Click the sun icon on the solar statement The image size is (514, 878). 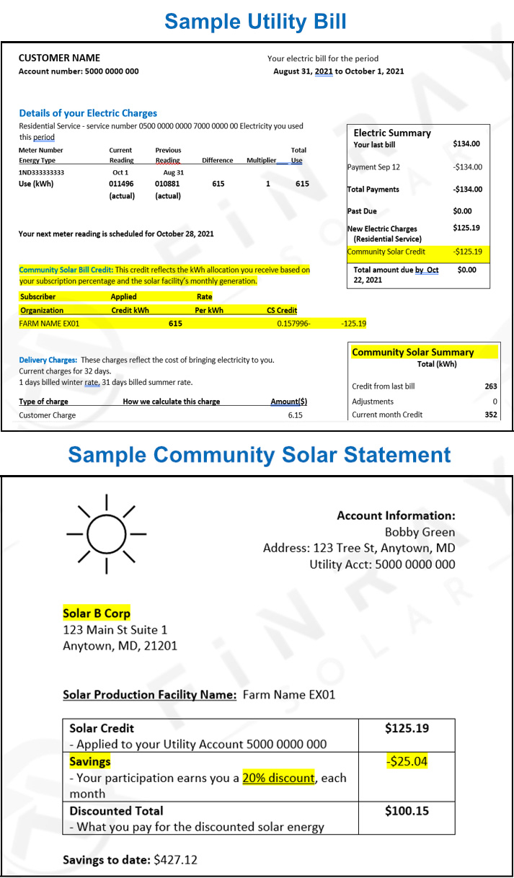[107, 534]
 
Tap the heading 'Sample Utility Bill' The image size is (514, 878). [255, 21]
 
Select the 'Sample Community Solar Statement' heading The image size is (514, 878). [260, 455]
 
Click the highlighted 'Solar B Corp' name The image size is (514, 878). [97, 613]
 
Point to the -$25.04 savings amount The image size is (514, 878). [407, 761]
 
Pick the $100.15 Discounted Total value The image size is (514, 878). [407, 811]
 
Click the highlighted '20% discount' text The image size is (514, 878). [278, 778]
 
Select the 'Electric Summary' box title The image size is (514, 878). [391, 133]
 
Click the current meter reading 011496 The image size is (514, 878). [121, 184]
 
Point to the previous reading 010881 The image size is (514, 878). [168, 184]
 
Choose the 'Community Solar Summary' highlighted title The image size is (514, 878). [412, 352]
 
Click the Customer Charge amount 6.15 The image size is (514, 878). [296, 415]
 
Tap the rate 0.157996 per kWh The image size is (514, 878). [293, 324]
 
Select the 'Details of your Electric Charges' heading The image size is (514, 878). [88, 113]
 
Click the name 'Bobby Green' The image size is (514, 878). [420, 532]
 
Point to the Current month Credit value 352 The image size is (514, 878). [491, 414]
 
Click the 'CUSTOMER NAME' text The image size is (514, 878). [59, 58]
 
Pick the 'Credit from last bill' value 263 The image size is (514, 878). [491, 386]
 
